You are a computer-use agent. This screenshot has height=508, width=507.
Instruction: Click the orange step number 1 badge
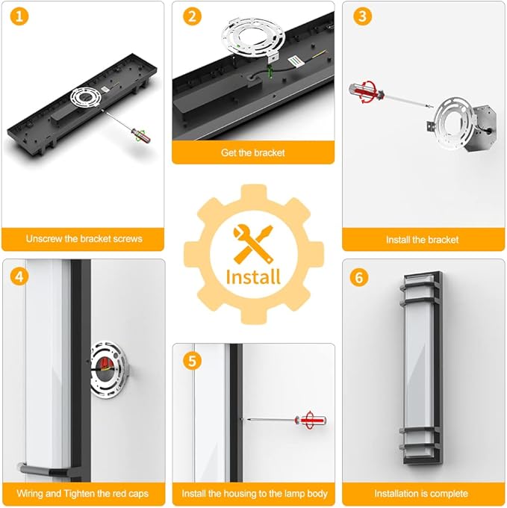19,16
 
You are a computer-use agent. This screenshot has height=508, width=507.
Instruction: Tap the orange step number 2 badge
193,16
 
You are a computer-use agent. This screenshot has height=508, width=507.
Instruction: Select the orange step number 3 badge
363,16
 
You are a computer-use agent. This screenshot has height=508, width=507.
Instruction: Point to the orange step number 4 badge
19,277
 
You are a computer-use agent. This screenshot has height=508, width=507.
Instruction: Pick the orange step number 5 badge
193,361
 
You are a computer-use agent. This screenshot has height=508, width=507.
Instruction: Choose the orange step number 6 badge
359,278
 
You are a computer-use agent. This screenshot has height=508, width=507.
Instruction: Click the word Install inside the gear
253,277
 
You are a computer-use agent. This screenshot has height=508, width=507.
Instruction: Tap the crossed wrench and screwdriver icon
253,244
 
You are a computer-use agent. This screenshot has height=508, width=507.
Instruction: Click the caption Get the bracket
253,152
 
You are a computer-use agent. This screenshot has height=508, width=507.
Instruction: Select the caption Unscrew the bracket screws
84,239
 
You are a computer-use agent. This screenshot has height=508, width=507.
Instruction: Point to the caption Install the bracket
422,240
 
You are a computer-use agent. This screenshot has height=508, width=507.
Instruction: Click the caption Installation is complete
421,493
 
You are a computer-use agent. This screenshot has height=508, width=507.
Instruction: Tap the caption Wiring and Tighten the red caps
83,493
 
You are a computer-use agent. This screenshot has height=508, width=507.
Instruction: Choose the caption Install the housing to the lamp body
255,493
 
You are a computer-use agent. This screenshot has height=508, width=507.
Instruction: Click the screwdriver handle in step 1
141,136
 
